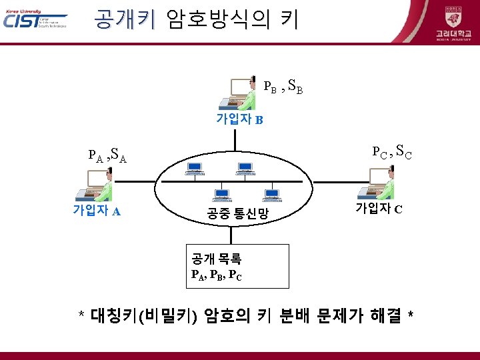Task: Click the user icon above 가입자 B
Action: tap(239, 93)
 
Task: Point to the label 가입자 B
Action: tap(240, 119)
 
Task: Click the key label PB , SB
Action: tap(284, 86)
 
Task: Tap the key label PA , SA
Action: tap(107, 157)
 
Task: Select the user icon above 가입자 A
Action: tap(94, 186)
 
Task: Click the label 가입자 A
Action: tap(97, 211)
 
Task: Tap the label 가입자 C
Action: tap(378, 209)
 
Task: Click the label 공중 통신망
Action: tap(237, 214)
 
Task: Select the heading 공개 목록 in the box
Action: tap(217, 259)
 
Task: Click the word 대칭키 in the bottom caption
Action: tap(113, 315)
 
